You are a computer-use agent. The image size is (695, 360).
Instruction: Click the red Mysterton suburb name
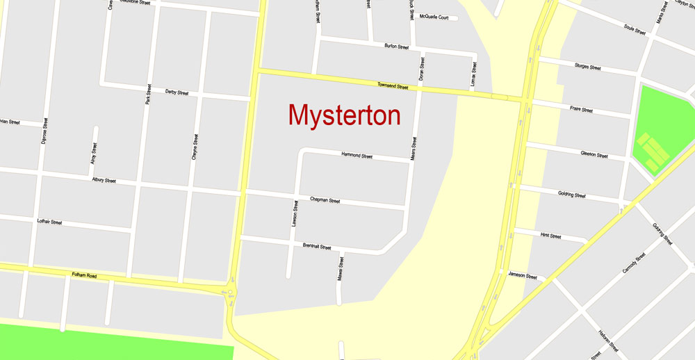(344, 115)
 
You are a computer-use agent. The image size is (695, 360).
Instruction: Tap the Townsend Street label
(392, 85)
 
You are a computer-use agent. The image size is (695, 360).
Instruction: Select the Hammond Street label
(357, 156)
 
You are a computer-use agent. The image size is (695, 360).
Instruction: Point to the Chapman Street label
(325, 200)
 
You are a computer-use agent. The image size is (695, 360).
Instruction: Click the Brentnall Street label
(317, 247)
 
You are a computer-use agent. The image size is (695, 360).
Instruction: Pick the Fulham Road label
(84, 275)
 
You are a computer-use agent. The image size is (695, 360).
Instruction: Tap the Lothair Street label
(49, 222)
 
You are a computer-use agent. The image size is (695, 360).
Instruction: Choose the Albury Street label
(104, 180)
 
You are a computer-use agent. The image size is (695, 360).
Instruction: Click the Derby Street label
(177, 92)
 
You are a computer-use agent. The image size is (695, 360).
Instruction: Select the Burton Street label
(396, 47)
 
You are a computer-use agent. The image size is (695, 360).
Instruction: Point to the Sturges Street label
(587, 67)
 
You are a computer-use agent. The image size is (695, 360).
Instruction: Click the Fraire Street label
(581, 110)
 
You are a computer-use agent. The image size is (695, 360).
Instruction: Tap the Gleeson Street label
(594, 155)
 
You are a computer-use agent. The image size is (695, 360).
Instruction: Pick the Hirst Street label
(550, 236)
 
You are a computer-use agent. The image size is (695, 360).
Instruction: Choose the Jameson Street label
(523, 276)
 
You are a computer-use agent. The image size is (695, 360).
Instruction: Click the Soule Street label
(635, 30)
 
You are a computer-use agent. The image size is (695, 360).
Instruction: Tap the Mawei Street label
(341, 268)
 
